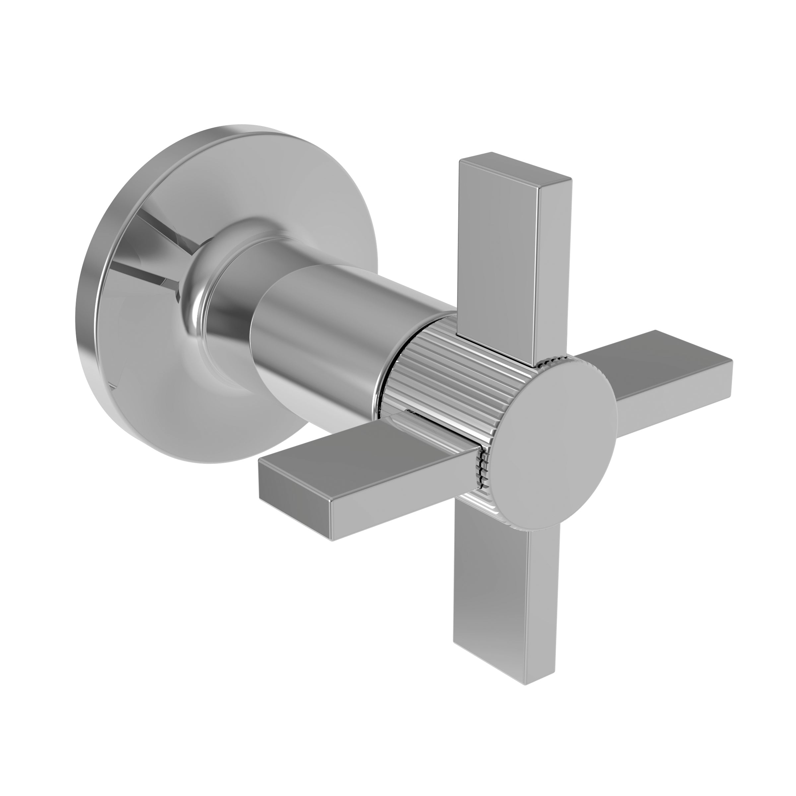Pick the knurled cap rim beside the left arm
(x=482, y=470)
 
